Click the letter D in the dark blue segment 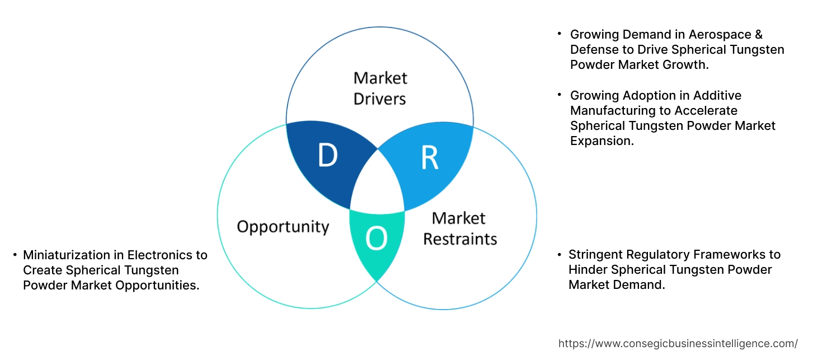coord(327,155)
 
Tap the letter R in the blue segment coord(429,158)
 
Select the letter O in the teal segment coord(376,240)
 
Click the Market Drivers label coord(380,88)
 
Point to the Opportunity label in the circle coord(283,227)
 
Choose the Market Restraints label coord(459,228)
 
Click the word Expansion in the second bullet coord(601,141)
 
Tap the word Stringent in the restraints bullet coord(594,255)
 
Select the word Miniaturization coord(64,255)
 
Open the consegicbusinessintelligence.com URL coord(678,344)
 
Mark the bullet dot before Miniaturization coord(15,255)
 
